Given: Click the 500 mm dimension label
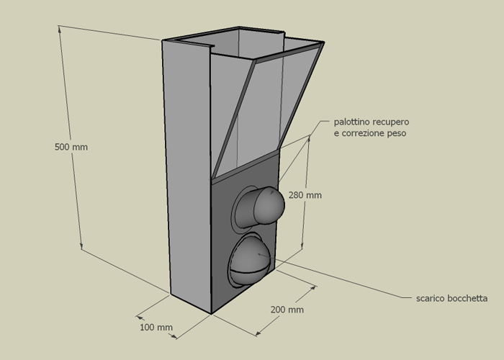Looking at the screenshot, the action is point(71,147).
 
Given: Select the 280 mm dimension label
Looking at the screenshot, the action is point(305,195).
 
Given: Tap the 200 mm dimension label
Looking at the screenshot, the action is point(287,310).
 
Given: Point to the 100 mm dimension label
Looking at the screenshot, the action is point(156,327).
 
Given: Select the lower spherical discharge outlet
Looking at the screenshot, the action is point(248,261).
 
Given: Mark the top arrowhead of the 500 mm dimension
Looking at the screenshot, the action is point(60,28).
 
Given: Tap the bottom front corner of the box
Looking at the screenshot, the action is point(211,314).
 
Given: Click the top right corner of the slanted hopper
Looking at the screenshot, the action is point(324,42).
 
